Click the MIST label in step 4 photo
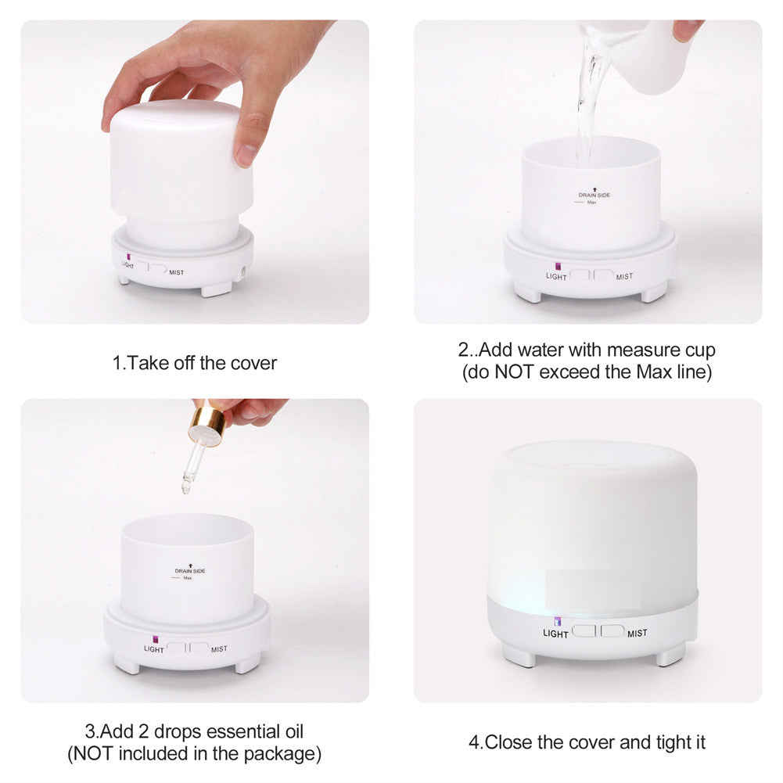638,633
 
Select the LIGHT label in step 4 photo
555,634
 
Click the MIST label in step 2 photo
624,277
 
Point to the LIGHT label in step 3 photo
154,649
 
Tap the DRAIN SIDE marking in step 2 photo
594,195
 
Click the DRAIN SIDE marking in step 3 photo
190,571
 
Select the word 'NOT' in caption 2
515,372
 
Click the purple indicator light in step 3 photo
156,639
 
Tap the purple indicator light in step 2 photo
559,267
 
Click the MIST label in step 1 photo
176,273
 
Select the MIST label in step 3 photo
219,649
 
